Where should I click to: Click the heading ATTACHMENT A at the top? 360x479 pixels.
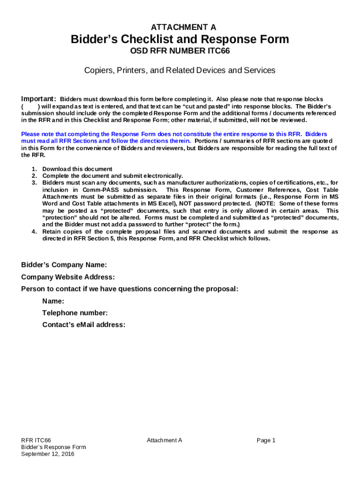tap(180, 28)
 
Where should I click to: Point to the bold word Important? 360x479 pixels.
tap(39, 99)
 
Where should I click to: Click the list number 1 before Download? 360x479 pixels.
tap(34, 169)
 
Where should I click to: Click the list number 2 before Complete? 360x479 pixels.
tap(34, 176)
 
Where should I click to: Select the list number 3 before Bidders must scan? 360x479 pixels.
tap(34, 182)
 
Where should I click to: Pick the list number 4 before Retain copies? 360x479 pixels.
tap(34, 232)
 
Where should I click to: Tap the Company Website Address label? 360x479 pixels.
tap(68, 277)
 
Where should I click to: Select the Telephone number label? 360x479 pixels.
tap(75, 313)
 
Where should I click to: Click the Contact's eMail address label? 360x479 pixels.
tap(84, 325)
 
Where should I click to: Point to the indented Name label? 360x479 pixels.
tap(53, 301)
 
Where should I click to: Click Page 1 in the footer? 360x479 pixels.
tap(266, 440)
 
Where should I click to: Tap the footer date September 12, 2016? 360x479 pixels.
tap(48, 454)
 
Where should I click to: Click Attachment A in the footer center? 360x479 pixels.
tap(164, 440)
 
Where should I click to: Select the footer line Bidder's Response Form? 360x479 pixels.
tap(53, 447)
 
